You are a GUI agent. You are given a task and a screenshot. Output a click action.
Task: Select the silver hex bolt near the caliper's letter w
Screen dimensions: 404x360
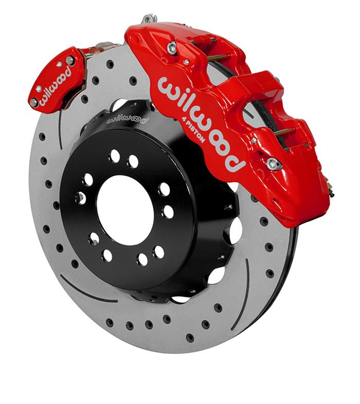(172, 48)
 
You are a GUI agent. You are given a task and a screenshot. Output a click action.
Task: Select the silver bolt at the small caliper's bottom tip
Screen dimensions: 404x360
(34, 102)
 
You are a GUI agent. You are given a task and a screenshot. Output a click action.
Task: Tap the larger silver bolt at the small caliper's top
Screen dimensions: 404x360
(69, 61)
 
